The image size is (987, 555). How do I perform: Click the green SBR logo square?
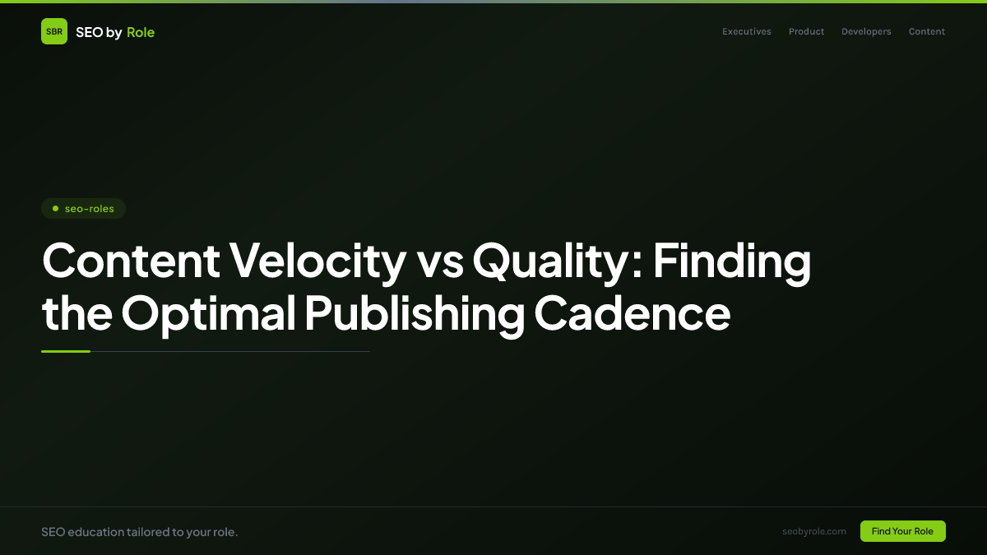pos(54,31)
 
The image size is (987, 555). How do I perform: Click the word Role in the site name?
pos(141,32)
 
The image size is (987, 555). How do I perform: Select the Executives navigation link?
pos(747,32)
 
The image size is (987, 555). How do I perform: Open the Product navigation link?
pos(806,32)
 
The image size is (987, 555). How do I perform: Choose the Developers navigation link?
pos(866,32)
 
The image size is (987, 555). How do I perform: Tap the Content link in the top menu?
pos(927,32)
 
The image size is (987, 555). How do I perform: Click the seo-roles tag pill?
pos(83,209)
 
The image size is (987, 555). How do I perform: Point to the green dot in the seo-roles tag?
pos(55,209)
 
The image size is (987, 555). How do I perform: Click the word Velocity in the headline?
pos(317,261)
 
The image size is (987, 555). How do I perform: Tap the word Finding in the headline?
pos(732,261)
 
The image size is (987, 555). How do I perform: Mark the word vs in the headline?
pos(439,261)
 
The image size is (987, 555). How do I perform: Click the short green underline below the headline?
pos(66,351)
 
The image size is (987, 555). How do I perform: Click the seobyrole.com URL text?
pos(814,531)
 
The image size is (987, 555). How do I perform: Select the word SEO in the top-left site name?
pos(89,32)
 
